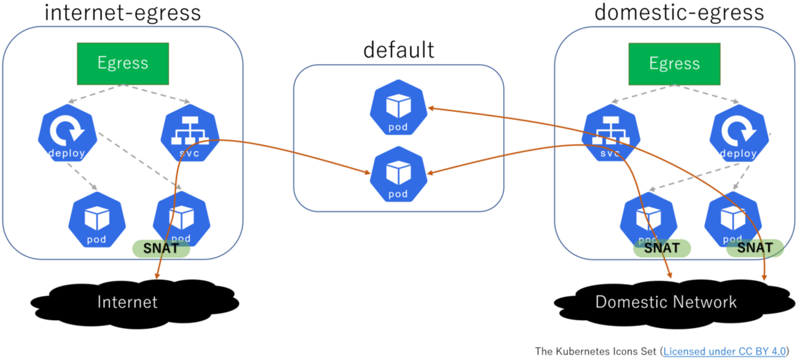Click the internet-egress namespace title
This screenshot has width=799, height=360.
124,12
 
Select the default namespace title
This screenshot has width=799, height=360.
398,49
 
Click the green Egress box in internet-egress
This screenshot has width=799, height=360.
123,63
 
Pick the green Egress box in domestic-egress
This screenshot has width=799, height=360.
674,63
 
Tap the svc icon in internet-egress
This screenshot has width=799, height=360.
189,136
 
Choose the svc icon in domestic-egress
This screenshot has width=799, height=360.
610,136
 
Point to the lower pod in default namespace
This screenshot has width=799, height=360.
398,174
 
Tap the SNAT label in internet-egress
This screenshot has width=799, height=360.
161,249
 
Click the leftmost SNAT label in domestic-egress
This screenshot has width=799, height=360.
662,248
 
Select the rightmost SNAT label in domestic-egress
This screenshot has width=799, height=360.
755,248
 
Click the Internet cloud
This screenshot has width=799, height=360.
128,302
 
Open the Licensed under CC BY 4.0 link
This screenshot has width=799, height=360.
725,351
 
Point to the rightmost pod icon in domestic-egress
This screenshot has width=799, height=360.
733,219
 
